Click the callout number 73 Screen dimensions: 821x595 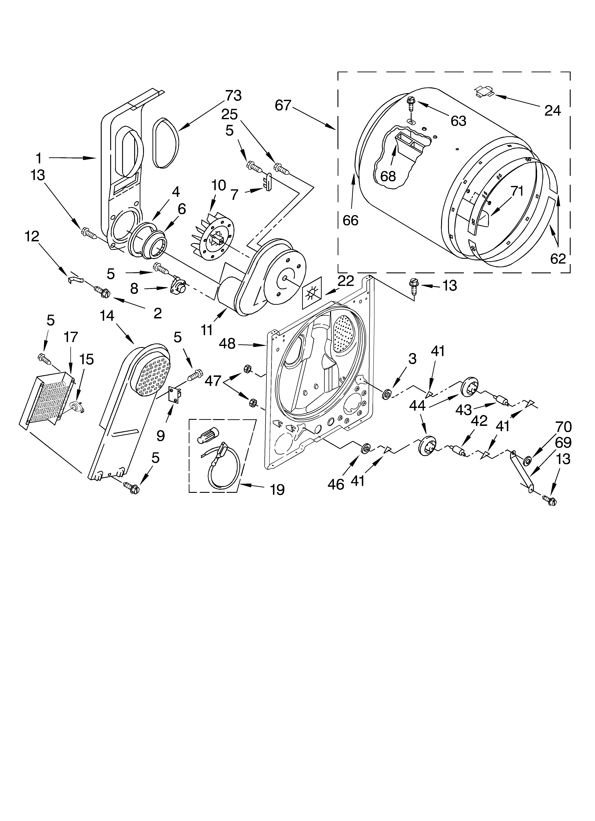(x=233, y=96)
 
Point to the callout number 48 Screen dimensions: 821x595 (x=227, y=343)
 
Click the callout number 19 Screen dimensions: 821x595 (x=277, y=490)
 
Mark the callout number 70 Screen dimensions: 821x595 (x=564, y=427)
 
